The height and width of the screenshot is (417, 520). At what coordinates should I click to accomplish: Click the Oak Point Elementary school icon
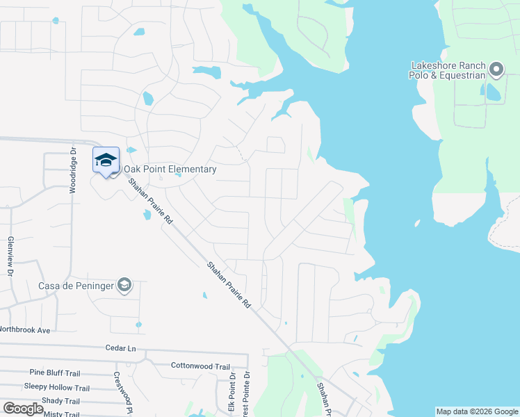point(106,161)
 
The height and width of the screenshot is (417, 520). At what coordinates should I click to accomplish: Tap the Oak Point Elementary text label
point(170,169)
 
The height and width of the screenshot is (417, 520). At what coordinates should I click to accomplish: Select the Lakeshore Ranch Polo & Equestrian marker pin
point(496,69)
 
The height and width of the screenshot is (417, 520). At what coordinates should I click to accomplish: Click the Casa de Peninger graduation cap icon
point(124,285)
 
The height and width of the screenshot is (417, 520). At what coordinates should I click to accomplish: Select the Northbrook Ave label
point(25,329)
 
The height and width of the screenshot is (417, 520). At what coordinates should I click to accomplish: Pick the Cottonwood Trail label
point(200,366)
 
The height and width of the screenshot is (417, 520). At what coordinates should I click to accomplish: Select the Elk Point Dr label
point(232,393)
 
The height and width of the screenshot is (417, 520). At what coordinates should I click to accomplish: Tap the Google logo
point(23,409)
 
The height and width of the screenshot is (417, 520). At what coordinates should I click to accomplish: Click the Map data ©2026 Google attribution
point(476,411)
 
